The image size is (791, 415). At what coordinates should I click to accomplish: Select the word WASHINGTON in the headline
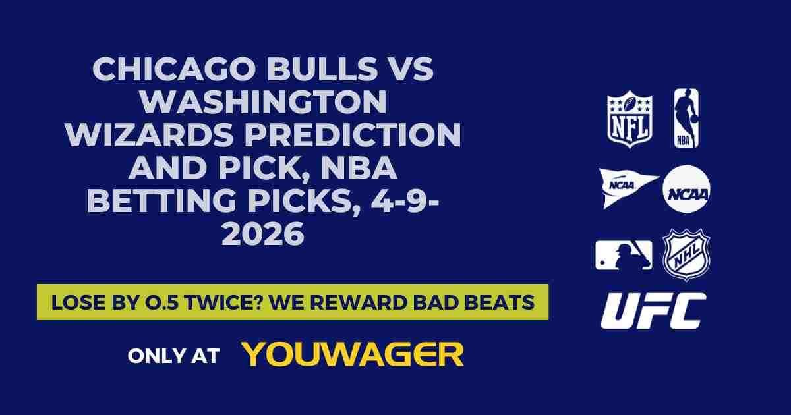[x=264, y=102]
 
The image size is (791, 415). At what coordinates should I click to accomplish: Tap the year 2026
[x=263, y=234]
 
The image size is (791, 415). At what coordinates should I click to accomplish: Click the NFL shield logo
[x=630, y=119]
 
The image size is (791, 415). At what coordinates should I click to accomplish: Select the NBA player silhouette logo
[x=686, y=119]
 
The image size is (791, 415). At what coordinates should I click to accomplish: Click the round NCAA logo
[x=686, y=189]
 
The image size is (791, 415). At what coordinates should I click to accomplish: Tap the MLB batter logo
[x=624, y=255]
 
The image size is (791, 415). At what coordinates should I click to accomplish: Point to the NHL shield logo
[x=686, y=254]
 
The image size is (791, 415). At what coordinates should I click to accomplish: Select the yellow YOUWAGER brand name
[x=353, y=354]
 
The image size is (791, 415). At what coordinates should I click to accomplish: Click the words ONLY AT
[x=173, y=356]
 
